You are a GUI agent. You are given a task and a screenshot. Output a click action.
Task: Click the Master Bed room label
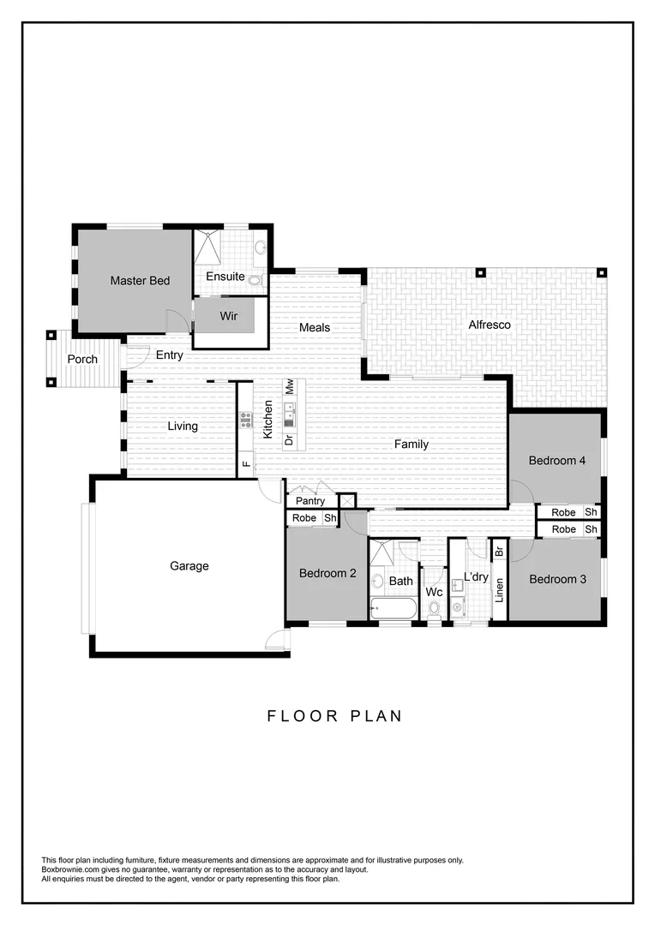(140, 281)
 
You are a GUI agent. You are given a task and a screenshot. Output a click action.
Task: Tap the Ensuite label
(225, 277)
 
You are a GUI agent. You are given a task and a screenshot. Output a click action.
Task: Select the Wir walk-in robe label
(228, 316)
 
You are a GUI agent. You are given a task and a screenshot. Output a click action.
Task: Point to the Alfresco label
(490, 325)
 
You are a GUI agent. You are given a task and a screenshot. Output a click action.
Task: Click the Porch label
(82, 360)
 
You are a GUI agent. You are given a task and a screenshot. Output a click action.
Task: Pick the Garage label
(189, 566)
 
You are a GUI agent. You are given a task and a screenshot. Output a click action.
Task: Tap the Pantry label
(310, 501)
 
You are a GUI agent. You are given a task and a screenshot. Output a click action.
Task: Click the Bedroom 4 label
(556, 461)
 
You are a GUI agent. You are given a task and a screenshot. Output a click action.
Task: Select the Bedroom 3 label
(557, 580)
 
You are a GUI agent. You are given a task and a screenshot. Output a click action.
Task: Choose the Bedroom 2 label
(327, 574)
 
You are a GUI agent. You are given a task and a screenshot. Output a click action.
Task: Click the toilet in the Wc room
(435, 609)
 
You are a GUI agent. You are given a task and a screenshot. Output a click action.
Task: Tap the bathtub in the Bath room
(394, 609)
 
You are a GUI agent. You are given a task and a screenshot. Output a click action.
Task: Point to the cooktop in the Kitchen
(246, 420)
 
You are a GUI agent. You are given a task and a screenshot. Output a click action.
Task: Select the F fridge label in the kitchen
(246, 465)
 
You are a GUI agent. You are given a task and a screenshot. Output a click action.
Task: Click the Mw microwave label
(290, 387)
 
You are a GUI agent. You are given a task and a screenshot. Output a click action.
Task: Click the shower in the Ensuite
(208, 248)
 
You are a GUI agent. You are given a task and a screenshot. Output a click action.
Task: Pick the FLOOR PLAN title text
(334, 716)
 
